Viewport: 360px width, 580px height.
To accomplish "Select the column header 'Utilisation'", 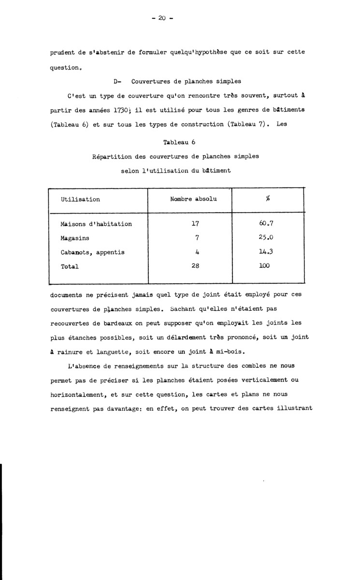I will point(80,199).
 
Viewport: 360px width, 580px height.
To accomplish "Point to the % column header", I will point(267,200).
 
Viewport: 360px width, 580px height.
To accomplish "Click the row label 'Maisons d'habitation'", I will point(96,224).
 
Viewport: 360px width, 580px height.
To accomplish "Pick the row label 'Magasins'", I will point(75,238).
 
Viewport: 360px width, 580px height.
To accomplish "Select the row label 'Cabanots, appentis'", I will point(92,252).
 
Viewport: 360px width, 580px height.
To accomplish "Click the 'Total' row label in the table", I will point(70,266).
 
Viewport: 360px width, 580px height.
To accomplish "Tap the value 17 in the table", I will point(195,224).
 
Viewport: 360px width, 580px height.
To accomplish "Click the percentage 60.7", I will point(267,224).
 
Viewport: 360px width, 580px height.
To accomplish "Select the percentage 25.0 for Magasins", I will point(267,238).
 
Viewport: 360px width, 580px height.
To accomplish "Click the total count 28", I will point(195,266).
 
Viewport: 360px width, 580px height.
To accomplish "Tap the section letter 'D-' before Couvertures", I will point(116,83).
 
